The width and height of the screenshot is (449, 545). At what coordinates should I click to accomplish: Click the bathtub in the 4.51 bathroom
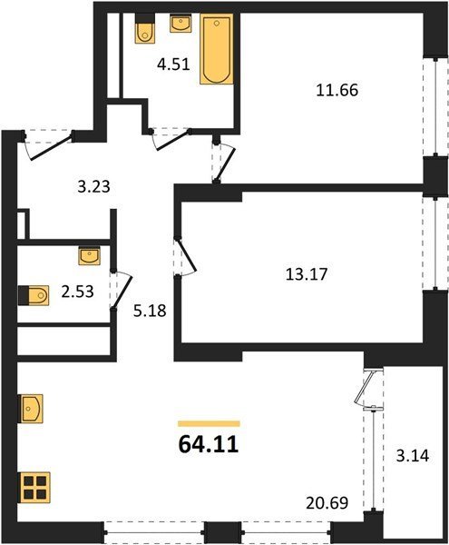pyautogui.click(x=216, y=49)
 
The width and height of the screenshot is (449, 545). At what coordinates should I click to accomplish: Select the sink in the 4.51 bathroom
pyautogui.click(x=181, y=24)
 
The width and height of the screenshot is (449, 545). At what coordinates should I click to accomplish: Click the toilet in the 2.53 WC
pyautogui.click(x=34, y=295)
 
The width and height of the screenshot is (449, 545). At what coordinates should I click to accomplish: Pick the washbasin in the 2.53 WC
pyautogui.click(x=90, y=256)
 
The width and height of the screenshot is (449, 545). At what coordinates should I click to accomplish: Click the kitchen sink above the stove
pyautogui.click(x=31, y=409)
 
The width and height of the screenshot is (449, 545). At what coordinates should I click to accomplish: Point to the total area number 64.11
pyautogui.click(x=209, y=444)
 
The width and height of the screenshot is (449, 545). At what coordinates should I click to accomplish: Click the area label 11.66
pyautogui.click(x=337, y=90)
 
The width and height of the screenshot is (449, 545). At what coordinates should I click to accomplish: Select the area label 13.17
pyautogui.click(x=307, y=274)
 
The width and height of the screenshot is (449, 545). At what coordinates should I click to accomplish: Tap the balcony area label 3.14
pyautogui.click(x=413, y=456)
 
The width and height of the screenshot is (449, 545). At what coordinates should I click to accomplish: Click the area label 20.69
pyautogui.click(x=327, y=502)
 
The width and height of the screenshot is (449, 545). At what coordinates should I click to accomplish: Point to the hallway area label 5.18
pyautogui.click(x=150, y=311)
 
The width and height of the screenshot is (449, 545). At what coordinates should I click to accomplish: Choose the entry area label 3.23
pyautogui.click(x=93, y=186)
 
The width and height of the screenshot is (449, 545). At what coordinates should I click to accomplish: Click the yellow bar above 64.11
pyautogui.click(x=209, y=423)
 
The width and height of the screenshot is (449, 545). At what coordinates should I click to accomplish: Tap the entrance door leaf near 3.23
pyautogui.click(x=52, y=147)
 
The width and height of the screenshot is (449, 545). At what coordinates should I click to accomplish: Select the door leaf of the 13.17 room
pyautogui.click(x=187, y=254)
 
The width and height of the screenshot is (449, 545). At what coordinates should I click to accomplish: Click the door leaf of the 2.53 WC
pyautogui.click(x=122, y=292)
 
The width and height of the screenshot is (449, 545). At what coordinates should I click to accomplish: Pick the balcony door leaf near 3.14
pyautogui.click(x=364, y=388)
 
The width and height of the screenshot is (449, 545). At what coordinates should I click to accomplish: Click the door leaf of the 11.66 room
pyautogui.click(x=226, y=164)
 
